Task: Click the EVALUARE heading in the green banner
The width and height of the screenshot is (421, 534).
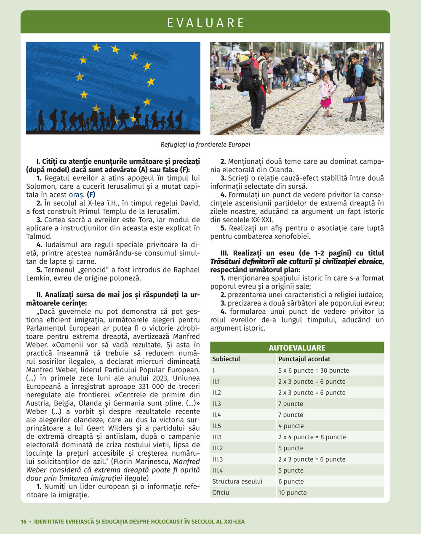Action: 205,23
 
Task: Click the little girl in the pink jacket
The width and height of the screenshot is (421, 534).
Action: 325,94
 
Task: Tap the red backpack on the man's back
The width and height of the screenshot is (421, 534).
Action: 250,74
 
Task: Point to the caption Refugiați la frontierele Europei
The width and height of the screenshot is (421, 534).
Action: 205,144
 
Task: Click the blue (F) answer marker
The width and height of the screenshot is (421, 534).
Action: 91,195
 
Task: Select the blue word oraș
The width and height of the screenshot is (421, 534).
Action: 77,195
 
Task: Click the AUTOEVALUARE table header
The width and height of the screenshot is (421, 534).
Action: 297,348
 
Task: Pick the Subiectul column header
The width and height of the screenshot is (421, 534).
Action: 226,359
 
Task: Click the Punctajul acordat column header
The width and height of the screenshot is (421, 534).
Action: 304,359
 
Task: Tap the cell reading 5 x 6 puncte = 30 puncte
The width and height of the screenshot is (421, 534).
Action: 313,371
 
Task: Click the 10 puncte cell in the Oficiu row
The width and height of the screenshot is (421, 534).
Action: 292,493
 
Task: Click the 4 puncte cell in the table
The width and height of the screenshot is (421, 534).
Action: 290,426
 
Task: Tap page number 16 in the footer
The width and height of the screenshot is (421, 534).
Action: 24,521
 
